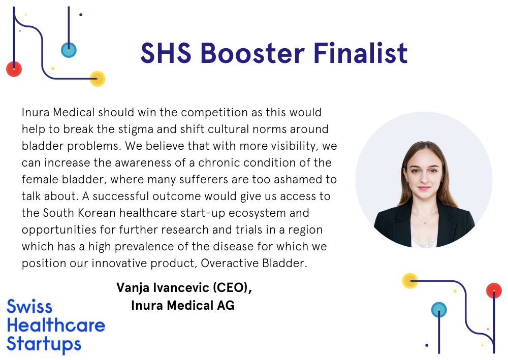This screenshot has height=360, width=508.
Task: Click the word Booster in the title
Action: (x=252, y=53)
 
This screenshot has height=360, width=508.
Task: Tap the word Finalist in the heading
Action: (x=360, y=53)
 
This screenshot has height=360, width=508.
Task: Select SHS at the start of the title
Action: (x=166, y=53)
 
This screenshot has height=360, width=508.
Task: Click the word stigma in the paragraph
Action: (x=136, y=129)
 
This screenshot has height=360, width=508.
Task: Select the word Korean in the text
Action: (x=97, y=213)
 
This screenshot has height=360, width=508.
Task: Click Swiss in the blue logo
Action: (x=29, y=306)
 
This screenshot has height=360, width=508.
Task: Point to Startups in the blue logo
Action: (x=44, y=344)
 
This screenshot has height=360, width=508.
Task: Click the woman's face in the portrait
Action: (x=424, y=175)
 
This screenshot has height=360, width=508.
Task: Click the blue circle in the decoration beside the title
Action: (x=69, y=50)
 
